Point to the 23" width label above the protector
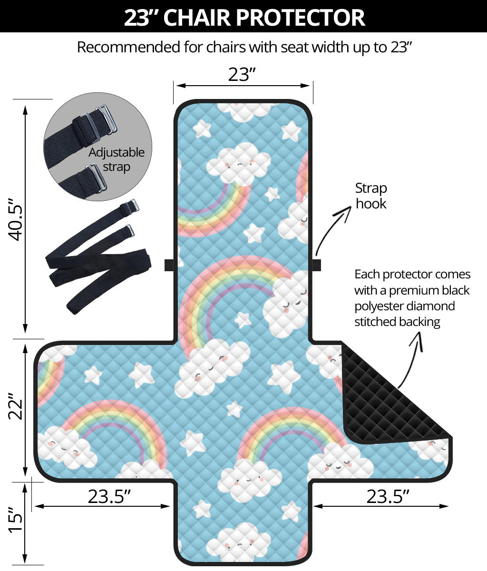(x=242, y=74)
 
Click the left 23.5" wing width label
(x=109, y=497)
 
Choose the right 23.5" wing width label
(x=387, y=497)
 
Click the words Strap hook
(x=371, y=196)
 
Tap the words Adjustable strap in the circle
(x=116, y=160)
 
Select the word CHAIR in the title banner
(x=197, y=18)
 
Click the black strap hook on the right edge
(x=316, y=265)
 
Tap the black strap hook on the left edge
(x=169, y=265)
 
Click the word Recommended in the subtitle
(x=128, y=47)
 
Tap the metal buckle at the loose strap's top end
(x=133, y=205)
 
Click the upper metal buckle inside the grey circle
(x=107, y=119)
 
